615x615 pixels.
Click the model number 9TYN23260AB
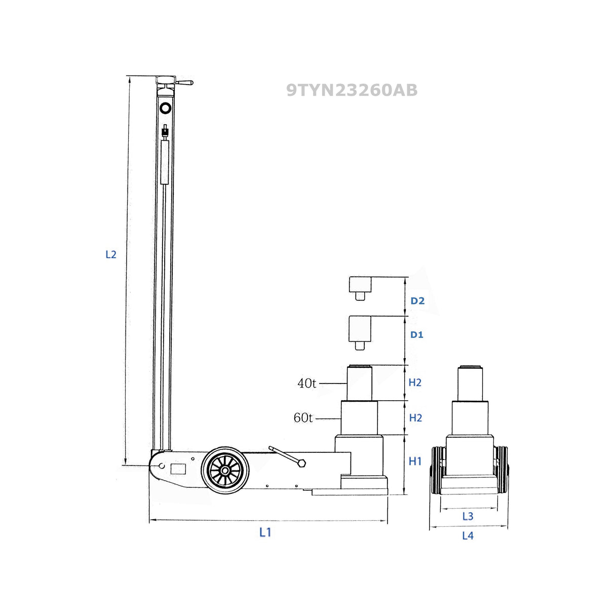352,90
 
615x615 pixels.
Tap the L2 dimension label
111,255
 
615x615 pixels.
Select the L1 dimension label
265,532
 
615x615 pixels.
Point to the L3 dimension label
468,516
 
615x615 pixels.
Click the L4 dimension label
468,535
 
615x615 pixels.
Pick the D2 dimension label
417,300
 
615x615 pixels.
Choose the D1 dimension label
417,334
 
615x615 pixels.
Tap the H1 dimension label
415,461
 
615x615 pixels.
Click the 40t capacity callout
306,383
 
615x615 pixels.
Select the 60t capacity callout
303,418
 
